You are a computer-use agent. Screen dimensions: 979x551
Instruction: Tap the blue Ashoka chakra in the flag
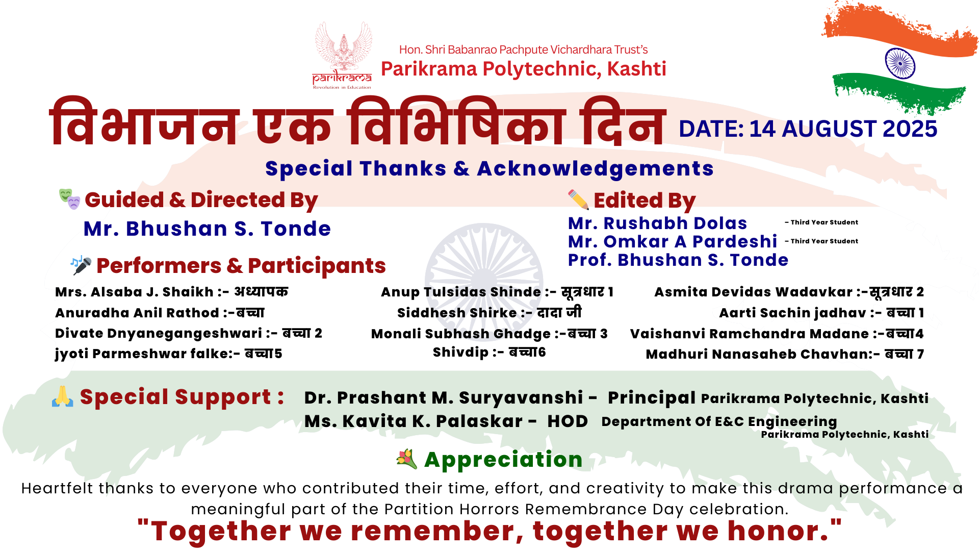coord(900,63)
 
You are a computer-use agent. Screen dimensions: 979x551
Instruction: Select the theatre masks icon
coord(69,199)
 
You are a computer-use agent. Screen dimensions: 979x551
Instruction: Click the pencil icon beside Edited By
coord(578,199)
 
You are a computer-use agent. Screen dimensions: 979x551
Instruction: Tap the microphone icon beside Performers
coord(81,265)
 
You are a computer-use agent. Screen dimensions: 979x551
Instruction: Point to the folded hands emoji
coord(62,396)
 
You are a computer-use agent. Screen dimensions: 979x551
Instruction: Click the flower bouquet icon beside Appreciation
coord(406,459)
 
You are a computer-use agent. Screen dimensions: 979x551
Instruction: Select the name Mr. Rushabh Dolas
coord(657,223)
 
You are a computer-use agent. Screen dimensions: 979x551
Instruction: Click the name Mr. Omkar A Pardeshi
coord(673,241)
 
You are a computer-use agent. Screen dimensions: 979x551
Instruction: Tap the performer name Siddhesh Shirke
coord(457,313)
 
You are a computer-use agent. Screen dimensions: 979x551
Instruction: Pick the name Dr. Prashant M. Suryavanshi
coord(443,397)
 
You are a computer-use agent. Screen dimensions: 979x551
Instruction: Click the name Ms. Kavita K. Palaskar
coord(414,421)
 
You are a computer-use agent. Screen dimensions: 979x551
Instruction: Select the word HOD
coord(568,421)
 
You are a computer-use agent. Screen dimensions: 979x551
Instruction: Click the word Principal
coord(652,398)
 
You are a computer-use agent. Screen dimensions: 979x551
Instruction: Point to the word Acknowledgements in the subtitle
coord(595,169)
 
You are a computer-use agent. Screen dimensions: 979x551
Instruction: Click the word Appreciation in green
coord(503,460)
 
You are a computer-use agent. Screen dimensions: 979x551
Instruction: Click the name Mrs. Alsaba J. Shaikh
coord(134,292)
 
